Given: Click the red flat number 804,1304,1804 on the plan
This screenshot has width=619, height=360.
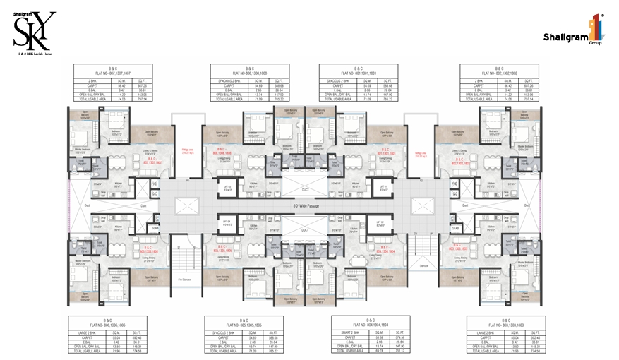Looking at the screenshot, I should [x=384, y=250].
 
